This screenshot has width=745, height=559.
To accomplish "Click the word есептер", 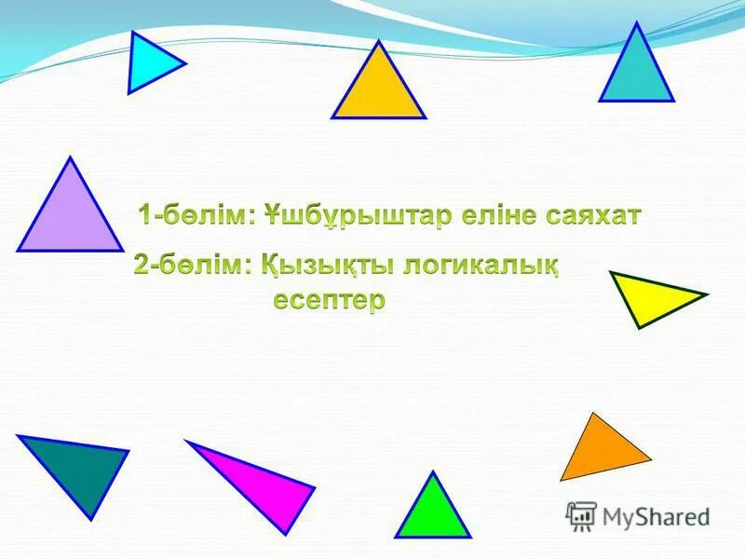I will tap(329, 302).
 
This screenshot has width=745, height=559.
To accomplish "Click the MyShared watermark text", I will tap(657, 515).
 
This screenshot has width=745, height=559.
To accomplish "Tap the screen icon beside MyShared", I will tap(581, 515).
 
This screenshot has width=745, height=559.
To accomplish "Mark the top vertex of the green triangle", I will tap(432, 472).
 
